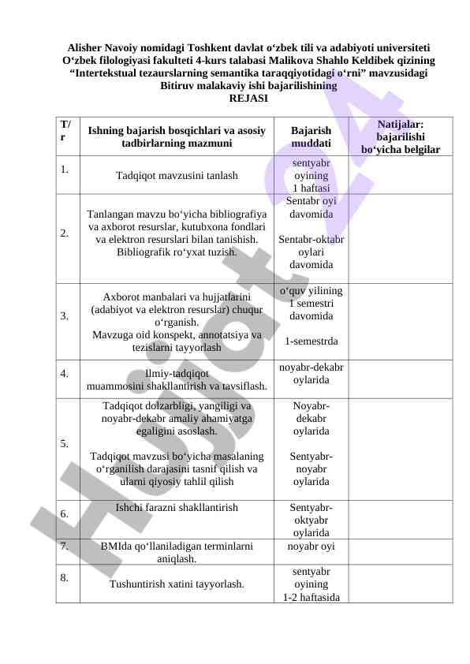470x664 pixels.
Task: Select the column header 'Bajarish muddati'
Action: pos(311,136)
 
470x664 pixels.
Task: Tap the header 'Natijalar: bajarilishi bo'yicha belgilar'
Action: pos(400,136)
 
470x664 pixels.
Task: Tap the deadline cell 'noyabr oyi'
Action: pos(311,545)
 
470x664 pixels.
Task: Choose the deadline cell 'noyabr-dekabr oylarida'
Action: pos(311,373)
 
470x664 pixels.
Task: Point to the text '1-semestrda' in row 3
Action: pos(311,341)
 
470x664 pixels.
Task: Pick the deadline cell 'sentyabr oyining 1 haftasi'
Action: pos(311,176)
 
